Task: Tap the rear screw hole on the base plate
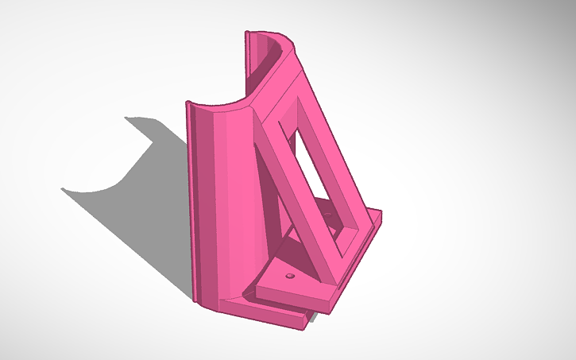click(x=331, y=211)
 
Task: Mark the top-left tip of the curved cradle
click(x=187, y=103)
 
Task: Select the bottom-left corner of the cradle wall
click(x=194, y=300)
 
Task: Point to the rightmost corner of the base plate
click(x=382, y=213)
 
